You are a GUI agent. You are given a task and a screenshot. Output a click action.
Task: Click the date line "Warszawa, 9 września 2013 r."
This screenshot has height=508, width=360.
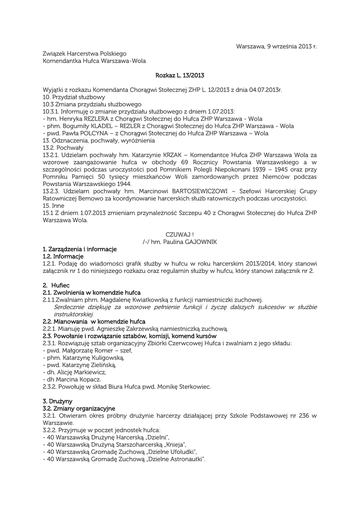pyautogui.click(x=276, y=46)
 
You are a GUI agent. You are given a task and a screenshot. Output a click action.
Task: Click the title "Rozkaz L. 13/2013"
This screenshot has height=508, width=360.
pyautogui.click(x=180, y=75)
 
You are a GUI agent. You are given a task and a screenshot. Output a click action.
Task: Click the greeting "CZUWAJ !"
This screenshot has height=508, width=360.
pyautogui.click(x=180, y=234)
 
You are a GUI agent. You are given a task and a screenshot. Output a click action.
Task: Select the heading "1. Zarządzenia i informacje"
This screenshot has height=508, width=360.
pyautogui.click(x=79, y=249)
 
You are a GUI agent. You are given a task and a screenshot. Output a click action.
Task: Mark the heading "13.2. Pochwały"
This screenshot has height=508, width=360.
pyautogui.click(x=63, y=148)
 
